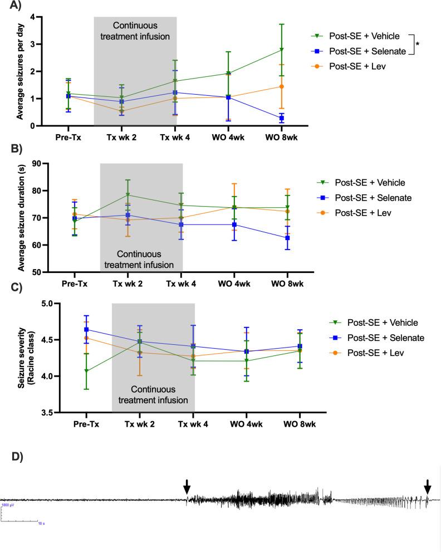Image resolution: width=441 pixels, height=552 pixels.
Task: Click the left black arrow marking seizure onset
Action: coord(187,486)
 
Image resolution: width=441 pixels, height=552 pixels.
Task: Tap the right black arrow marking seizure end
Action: coord(427,486)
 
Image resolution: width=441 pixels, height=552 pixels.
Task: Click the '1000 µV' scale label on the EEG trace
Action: coord(8,505)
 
